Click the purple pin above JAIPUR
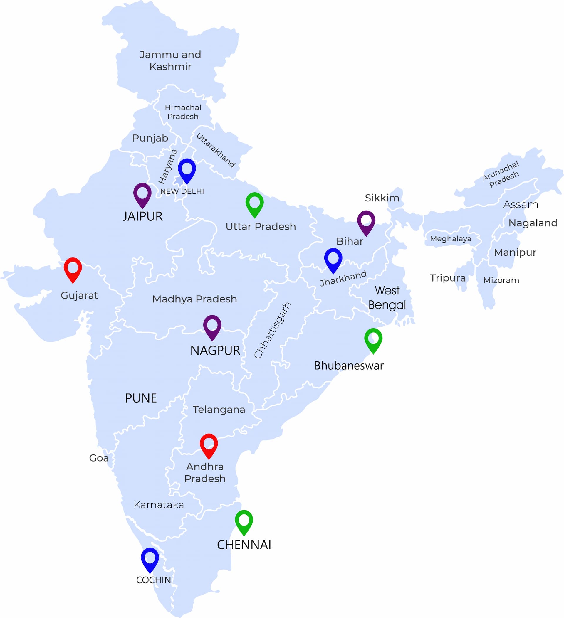coord(142,194)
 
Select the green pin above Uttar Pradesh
coord(255,203)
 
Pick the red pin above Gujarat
coord(73,269)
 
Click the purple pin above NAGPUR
coord(212,326)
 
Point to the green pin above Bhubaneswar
coord(373,339)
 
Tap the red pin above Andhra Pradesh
coord(209,445)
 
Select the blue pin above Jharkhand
coord(333,259)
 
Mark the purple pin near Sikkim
coord(366,222)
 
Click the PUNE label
coord(141,398)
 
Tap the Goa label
coord(99,458)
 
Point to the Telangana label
coord(219,410)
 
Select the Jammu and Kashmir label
coord(170,60)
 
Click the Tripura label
coord(448,278)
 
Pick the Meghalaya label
coord(451,238)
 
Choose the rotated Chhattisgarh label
coord(273,330)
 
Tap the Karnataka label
coord(159,505)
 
